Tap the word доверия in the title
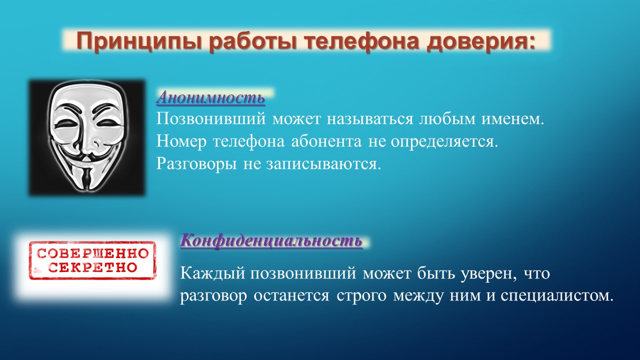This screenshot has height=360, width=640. [481, 42]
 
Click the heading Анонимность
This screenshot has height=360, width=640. [210, 97]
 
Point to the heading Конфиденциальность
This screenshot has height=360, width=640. [271, 240]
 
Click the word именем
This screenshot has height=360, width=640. [513, 119]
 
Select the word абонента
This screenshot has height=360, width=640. [326, 141]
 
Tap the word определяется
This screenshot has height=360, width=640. [444, 142]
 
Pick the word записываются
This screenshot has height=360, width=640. [324, 164]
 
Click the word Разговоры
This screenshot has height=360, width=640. [196, 164]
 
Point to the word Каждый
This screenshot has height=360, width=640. [212, 273]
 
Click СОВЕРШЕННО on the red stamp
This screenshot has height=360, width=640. [93, 253]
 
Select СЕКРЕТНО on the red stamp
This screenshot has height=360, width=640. [92, 267]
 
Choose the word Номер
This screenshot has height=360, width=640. [181, 142]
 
